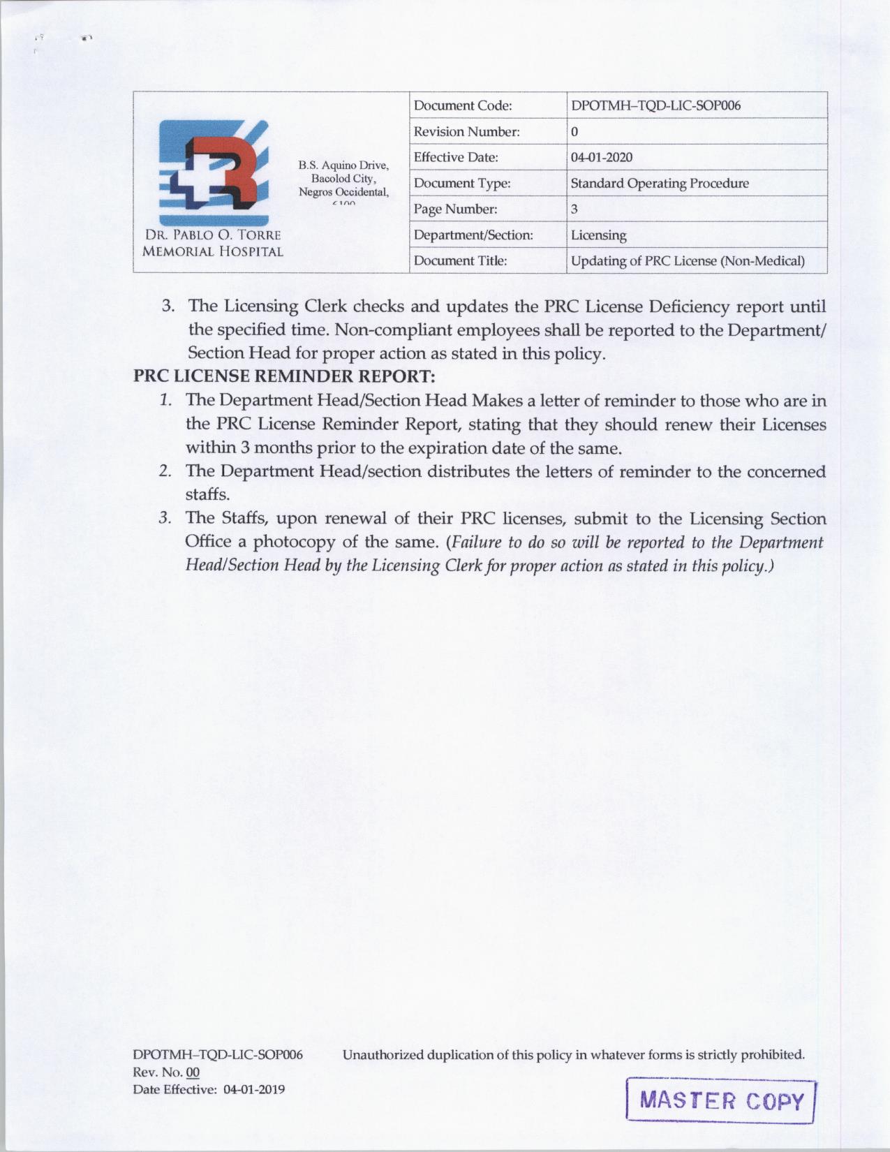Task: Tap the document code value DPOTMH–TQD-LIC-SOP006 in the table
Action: pyautogui.click(x=655, y=106)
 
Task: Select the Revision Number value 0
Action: pyautogui.click(x=574, y=132)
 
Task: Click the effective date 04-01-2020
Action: pyautogui.click(x=602, y=158)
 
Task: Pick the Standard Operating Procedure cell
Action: pyautogui.click(x=659, y=184)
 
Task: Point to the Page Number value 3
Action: pyautogui.click(x=574, y=209)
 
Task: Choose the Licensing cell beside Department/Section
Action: pyautogui.click(x=598, y=235)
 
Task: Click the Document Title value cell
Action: pyautogui.click(x=687, y=261)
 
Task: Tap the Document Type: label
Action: pyautogui.click(x=461, y=184)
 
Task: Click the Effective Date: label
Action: pyautogui.click(x=456, y=158)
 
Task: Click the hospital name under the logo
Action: pyautogui.click(x=213, y=243)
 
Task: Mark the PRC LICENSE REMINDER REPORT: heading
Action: pyautogui.click(x=285, y=376)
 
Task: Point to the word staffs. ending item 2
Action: pyautogui.click(x=207, y=494)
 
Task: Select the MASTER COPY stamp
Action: pyautogui.click(x=721, y=1101)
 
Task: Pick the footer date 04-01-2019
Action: pyautogui.click(x=254, y=1089)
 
